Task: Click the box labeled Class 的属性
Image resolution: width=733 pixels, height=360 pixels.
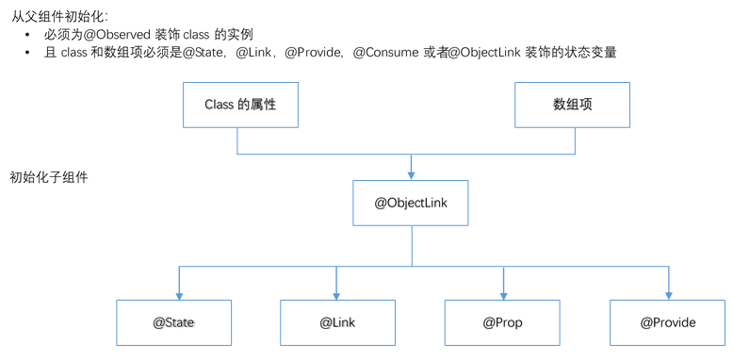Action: tap(239, 105)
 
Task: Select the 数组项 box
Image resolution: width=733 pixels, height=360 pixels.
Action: tap(573, 105)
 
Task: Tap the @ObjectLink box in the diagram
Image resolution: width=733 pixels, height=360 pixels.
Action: tap(411, 203)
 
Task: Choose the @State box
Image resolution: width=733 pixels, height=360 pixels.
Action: tap(173, 322)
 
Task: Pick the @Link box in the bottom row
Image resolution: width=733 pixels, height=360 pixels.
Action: tap(337, 322)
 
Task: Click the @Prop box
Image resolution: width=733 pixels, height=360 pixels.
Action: tap(502, 322)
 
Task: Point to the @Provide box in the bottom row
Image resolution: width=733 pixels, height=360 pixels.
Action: tap(668, 322)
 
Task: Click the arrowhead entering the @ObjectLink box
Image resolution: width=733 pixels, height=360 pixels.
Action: tap(412, 175)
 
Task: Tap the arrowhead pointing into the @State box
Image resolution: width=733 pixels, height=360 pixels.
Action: tap(179, 295)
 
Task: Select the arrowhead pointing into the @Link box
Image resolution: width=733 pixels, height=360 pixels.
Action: tap(336, 295)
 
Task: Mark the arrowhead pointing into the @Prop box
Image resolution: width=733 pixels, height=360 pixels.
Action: tap(503, 295)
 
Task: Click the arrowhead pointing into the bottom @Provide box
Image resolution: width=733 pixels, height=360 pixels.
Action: tap(669, 295)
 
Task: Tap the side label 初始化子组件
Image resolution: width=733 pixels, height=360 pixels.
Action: tap(49, 177)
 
